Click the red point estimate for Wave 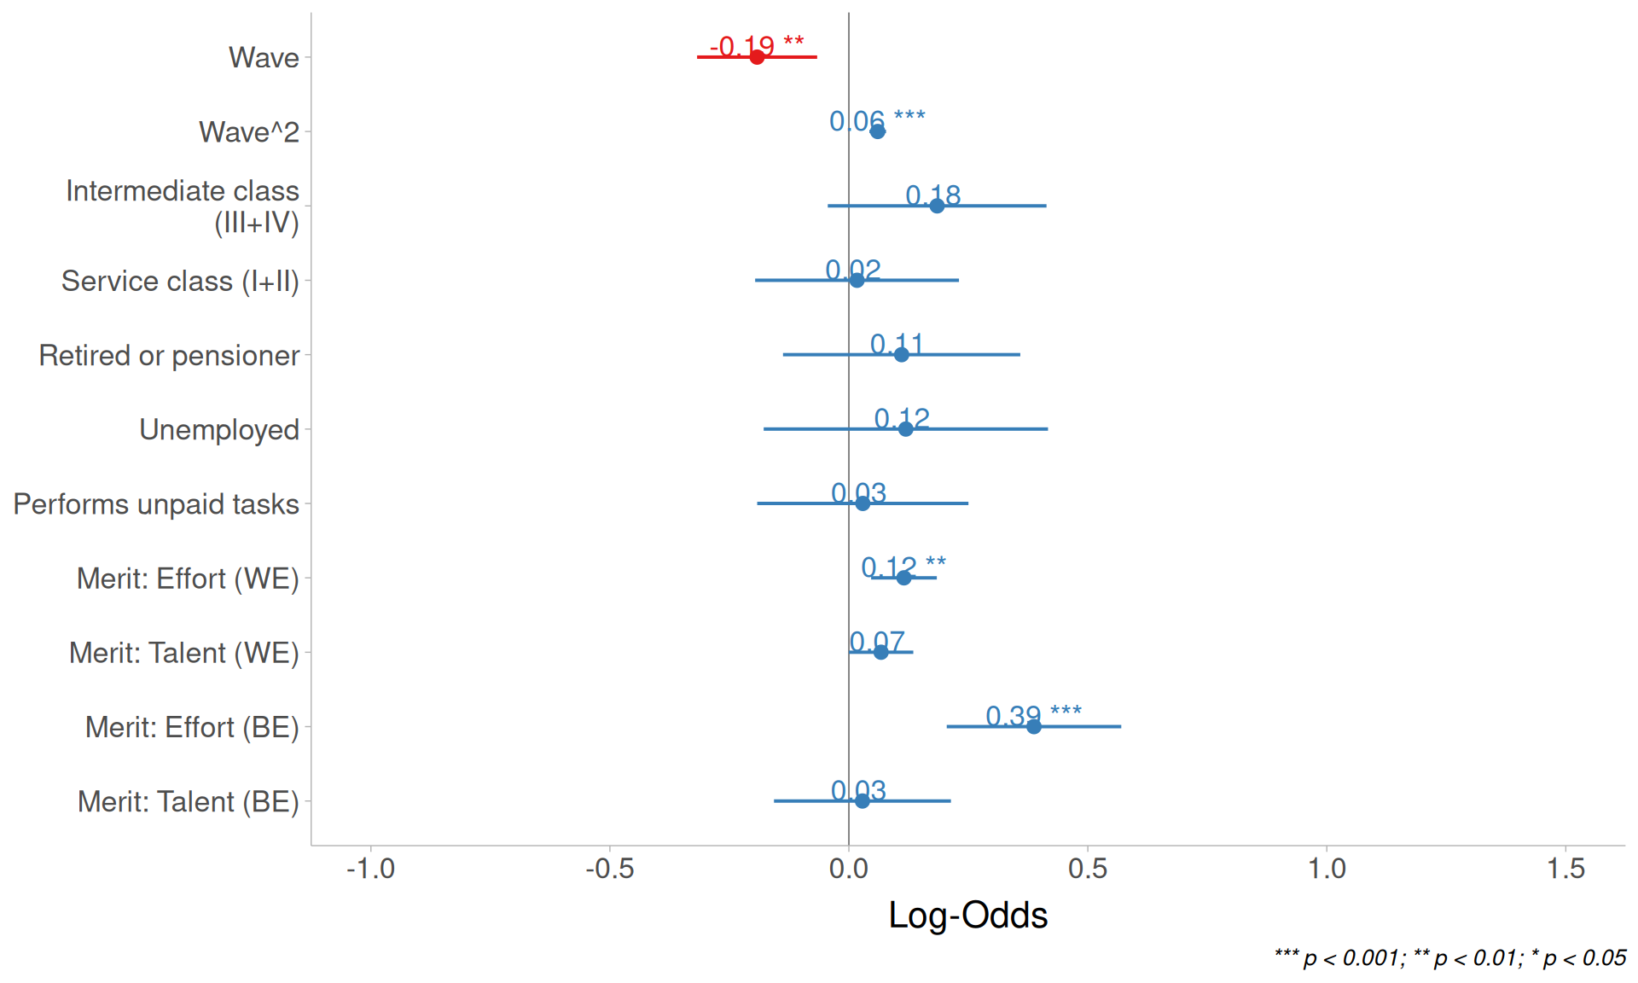click(x=757, y=57)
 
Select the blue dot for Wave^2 click(x=877, y=131)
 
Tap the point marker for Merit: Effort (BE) click(x=1034, y=727)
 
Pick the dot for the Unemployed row click(x=906, y=429)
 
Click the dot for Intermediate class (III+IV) click(x=937, y=206)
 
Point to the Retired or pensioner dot click(x=902, y=354)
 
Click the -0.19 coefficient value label click(x=742, y=45)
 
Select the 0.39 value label click(x=1014, y=715)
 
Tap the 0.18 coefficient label click(x=933, y=195)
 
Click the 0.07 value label click(x=877, y=641)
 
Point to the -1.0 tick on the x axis click(x=370, y=869)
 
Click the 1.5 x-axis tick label click(x=1565, y=869)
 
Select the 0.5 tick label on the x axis click(x=1088, y=869)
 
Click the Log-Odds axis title click(x=968, y=915)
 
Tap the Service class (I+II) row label click(x=180, y=281)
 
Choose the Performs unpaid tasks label click(x=156, y=504)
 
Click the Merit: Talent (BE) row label click(x=188, y=802)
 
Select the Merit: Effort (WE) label click(x=188, y=579)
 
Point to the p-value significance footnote click(x=1450, y=957)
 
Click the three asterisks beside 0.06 click(x=909, y=116)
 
